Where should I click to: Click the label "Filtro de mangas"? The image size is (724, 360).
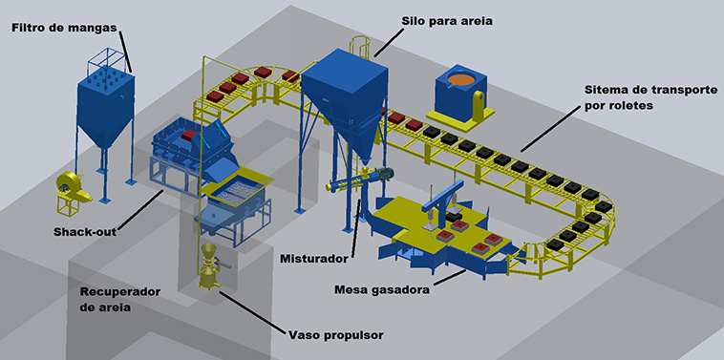point(64,28)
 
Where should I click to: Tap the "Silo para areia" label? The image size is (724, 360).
point(447,21)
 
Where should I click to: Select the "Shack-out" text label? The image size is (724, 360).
point(85,232)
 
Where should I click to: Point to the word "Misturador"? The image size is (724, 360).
point(314,259)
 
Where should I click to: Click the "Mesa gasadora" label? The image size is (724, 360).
point(382,290)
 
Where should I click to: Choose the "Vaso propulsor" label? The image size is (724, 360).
point(335,335)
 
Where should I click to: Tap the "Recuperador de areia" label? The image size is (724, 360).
point(120,300)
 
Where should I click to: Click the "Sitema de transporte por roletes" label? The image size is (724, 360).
point(650,97)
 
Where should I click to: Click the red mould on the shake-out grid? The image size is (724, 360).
point(189,136)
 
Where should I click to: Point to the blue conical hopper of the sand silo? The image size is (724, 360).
point(350,133)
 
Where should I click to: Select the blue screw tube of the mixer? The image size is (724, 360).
point(347,182)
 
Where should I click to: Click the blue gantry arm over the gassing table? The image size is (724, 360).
point(442,196)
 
